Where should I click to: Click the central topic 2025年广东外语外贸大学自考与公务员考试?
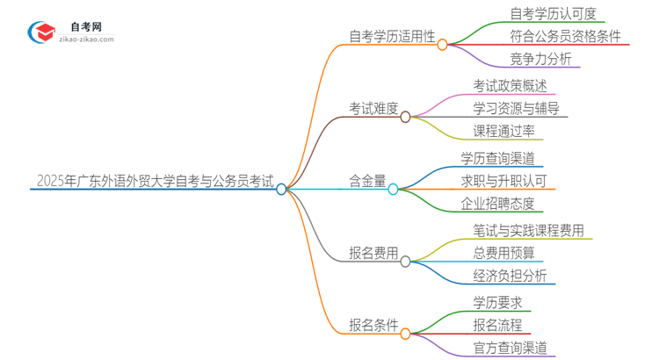[155, 182]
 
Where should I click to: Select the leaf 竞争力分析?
[540, 60]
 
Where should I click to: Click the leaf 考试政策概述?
[509, 87]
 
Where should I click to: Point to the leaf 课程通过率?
[503, 133]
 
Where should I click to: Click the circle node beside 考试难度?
[405, 116]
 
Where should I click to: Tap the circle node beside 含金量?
[393, 188]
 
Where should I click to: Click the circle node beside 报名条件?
[405, 333]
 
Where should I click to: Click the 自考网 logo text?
[83, 27]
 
